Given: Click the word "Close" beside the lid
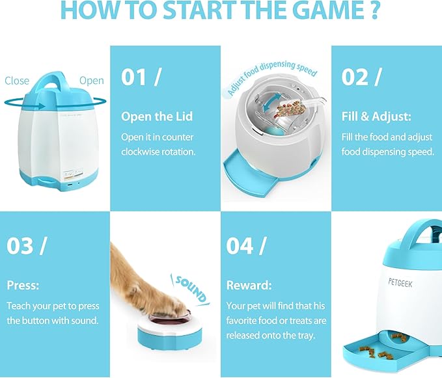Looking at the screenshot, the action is tap(17, 81).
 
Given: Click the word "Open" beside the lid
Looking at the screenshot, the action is tap(92, 81).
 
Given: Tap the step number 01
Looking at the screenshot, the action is tap(133, 77).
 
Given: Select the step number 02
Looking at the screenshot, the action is tap(353, 77).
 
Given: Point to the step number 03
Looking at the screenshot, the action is tap(20, 246).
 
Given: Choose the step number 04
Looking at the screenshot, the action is tap(240, 246).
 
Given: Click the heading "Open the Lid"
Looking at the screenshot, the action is tap(157, 116).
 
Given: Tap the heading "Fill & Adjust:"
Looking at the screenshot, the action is tap(376, 116).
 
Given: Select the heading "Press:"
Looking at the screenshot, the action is tap(23, 286).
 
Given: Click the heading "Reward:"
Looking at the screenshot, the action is tap(249, 286).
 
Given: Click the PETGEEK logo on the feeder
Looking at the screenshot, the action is tap(400, 282).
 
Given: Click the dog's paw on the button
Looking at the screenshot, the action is tap(169, 304).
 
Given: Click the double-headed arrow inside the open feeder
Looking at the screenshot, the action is tap(271, 103).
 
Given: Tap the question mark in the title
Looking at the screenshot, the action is tap(375, 10).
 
